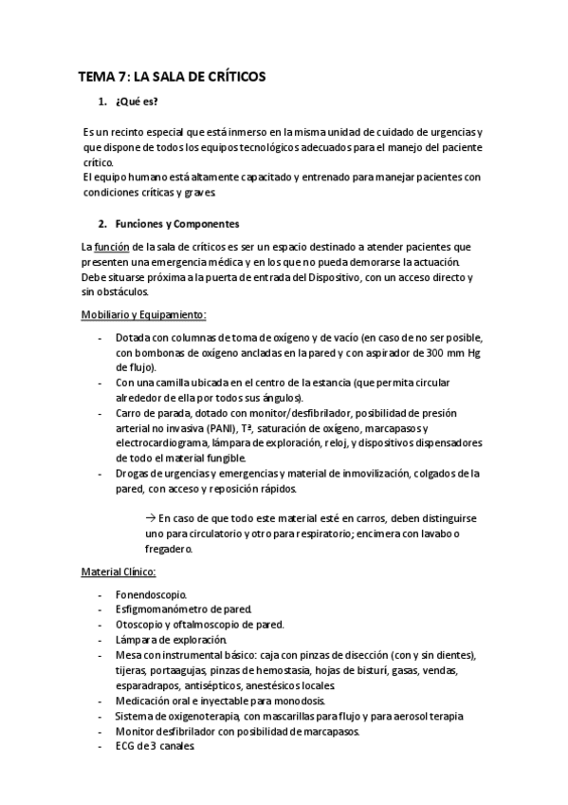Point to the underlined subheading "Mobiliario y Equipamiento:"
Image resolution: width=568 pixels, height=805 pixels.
tap(143, 315)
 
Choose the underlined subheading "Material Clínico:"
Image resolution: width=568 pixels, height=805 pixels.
tap(119, 572)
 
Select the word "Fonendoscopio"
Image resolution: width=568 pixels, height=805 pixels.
tap(151, 595)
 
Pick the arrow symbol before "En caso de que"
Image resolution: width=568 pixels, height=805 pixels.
tap(151, 518)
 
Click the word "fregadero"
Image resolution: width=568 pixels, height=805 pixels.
tap(168, 549)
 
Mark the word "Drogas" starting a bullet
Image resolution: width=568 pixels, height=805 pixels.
tap(135, 473)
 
